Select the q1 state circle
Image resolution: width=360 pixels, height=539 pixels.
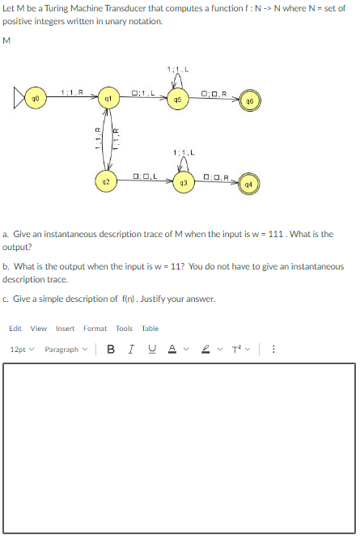click(106, 100)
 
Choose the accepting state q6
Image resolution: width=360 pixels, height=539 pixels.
click(252, 100)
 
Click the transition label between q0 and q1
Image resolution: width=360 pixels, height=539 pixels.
click(70, 91)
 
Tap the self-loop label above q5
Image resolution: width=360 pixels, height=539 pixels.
click(176, 66)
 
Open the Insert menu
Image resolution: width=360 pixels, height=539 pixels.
click(65, 329)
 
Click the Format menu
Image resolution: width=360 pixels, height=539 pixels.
click(95, 329)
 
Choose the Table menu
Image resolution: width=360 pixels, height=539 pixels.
click(150, 329)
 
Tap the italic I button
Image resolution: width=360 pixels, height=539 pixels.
click(130, 350)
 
